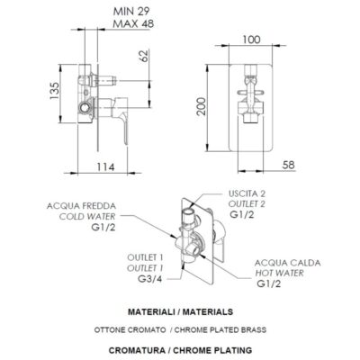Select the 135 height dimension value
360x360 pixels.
click(x=54, y=91)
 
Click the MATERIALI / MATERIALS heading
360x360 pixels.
click(x=183, y=310)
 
